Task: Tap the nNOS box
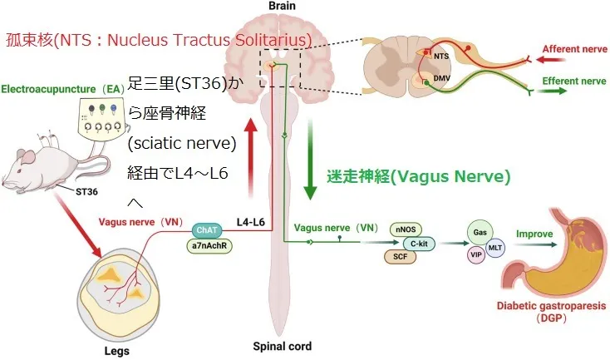pos(406,229)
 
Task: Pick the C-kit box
pos(420,243)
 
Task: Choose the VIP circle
pos(476,254)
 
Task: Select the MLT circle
pos(495,248)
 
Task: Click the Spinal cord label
pos(283,347)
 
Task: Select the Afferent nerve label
pos(573,50)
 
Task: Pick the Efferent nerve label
pos(573,81)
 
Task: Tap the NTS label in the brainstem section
pos(440,56)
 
